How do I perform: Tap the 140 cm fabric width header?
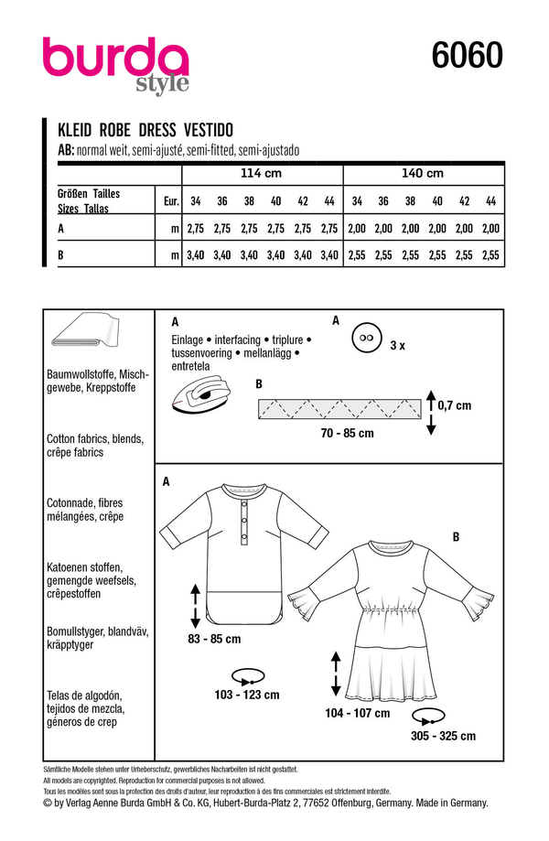(422, 174)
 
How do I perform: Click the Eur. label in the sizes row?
(169, 200)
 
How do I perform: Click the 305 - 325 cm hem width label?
(444, 736)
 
